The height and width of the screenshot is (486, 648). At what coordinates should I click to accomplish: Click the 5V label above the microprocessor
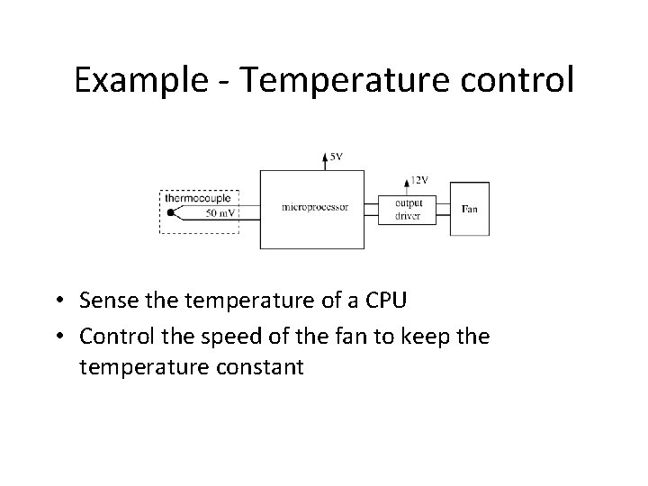tap(335, 157)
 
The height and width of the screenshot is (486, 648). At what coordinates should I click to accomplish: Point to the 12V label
tap(418, 180)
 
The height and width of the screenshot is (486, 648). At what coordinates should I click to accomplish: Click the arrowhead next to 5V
tap(325, 157)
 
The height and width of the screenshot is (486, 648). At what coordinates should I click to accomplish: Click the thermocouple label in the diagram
tap(199, 196)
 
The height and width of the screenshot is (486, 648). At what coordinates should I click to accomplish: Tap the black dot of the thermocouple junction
tap(171, 213)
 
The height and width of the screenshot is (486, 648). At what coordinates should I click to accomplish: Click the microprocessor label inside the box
tap(315, 208)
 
